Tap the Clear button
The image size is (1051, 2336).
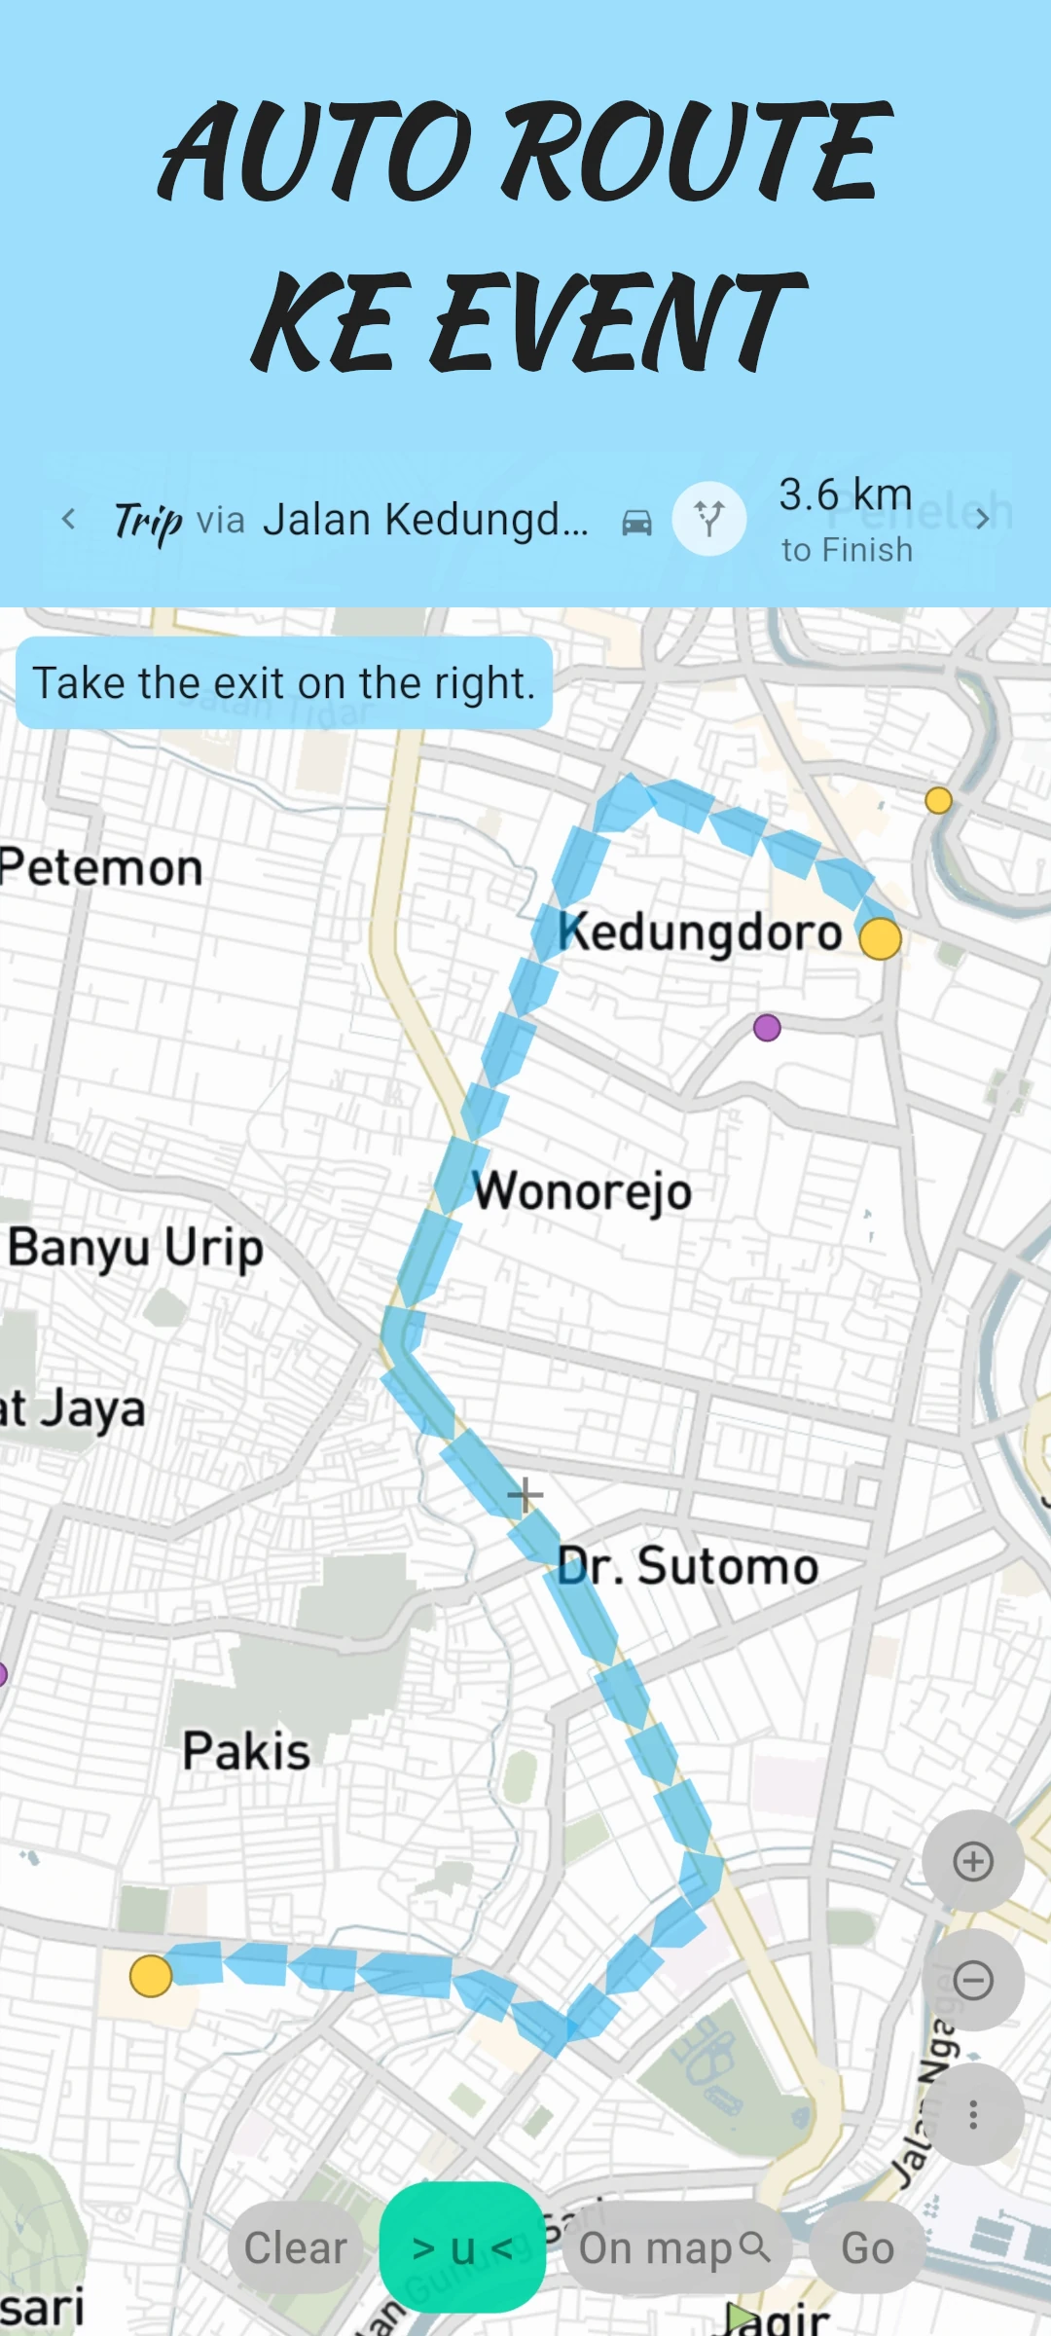(295, 2248)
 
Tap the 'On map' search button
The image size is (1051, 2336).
(674, 2248)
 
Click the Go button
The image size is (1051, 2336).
(867, 2248)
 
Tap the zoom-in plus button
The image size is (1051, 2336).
(972, 1861)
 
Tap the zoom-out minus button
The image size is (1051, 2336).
(972, 1980)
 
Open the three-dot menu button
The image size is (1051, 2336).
(972, 2114)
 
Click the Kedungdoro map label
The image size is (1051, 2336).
(699, 932)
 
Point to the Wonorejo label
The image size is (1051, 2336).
(582, 1191)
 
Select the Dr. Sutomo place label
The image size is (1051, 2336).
(687, 1567)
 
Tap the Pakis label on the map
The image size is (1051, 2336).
(246, 1752)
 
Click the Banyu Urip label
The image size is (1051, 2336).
(136, 1249)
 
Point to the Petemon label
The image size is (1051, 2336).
(101, 868)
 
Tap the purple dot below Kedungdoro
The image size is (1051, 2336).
(767, 1027)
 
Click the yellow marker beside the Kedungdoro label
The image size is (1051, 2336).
(881, 938)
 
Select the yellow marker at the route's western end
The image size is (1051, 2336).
(151, 1976)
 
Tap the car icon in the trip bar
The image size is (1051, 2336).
(636, 523)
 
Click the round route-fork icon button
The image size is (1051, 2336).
(709, 519)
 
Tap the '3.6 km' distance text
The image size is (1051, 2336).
(845, 494)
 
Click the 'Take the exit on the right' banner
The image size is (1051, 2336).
(283, 682)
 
